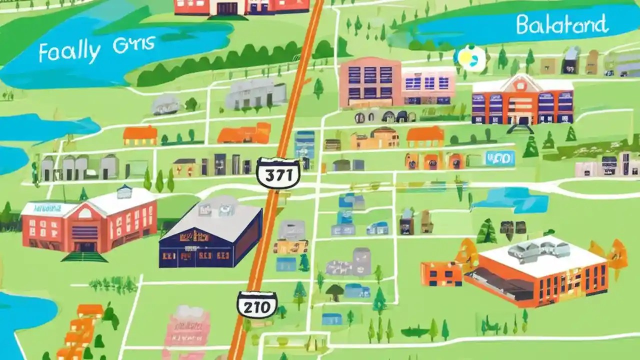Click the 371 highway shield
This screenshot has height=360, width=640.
click(278, 173)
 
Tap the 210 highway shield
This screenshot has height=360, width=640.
click(257, 304)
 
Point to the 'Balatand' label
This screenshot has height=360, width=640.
click(562, 24)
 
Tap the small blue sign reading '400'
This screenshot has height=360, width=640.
click(500, 158)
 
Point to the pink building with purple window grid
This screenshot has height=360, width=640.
click(370, 82)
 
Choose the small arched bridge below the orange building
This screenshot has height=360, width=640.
click(520, 129)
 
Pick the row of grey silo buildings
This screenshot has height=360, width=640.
click(80, 166)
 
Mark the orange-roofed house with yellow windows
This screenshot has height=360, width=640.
click(140, 135)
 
